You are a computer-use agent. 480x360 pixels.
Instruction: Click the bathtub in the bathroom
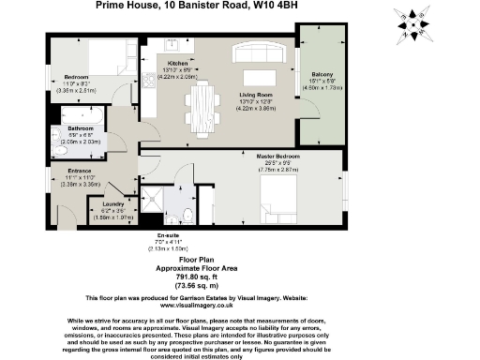click(x=68, y=115)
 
